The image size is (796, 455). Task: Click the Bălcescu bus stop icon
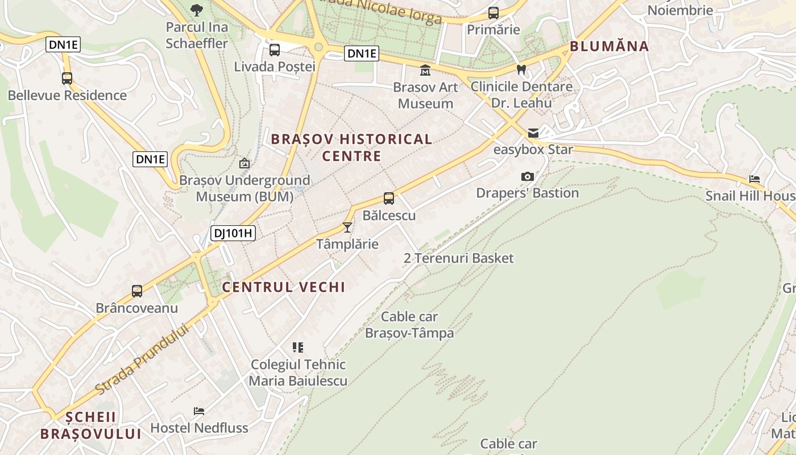click(x=389, y=198)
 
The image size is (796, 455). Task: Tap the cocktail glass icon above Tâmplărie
click(x=347, y=227)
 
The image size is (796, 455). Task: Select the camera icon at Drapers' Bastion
click(x=528, y=177)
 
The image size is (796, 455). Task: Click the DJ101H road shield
click(x=233, y=233)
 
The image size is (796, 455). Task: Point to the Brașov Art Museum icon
click(x=425, y=71)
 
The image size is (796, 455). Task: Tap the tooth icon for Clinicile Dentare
click(x=521, y=70)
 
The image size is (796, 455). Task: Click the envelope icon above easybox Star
click(x=533, y=133)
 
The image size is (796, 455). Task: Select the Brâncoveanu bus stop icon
click(x=137, y=291)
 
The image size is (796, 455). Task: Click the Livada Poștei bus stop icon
click(x=275, y=50)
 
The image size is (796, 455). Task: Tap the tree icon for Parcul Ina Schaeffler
click(x=197, y=10)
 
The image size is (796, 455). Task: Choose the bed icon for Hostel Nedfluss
click(x=199, y=411)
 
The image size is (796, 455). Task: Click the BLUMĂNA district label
click(x=609, y=47)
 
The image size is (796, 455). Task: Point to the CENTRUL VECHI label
click(x=284, y=287)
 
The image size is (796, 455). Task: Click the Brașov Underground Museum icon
click(x=244, y=164)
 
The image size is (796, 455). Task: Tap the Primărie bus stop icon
click(x=494, y=13)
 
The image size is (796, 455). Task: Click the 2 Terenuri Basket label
click(x=458, y=258)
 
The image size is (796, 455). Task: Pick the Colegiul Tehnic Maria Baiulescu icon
click(x=298, y=348)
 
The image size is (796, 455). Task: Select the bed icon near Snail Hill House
click(x=754, y=179)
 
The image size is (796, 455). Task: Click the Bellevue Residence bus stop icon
click(x=67, y=78)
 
